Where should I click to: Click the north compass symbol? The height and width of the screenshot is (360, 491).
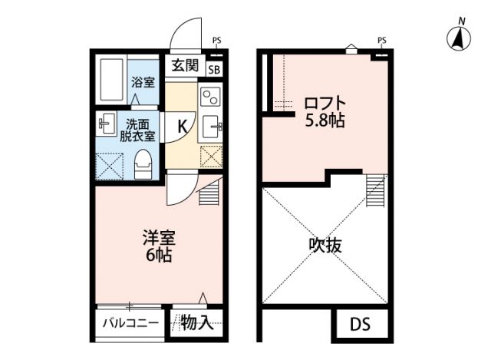pyautogui.click(x=458, y=36)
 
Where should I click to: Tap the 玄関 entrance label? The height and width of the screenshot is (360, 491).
pyautogui.click(x=184, y=65)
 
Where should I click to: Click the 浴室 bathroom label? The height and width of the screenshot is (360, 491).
pyautogui.click(x=142, y=81)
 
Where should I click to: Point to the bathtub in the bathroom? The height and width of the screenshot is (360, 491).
pyautogui.click(x=110, y=80)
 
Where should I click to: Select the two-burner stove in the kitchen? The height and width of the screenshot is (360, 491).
pyautogui.click(x=209, y=97)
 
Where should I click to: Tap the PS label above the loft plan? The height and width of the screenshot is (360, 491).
pyautogui.click(x=381, y=40)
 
